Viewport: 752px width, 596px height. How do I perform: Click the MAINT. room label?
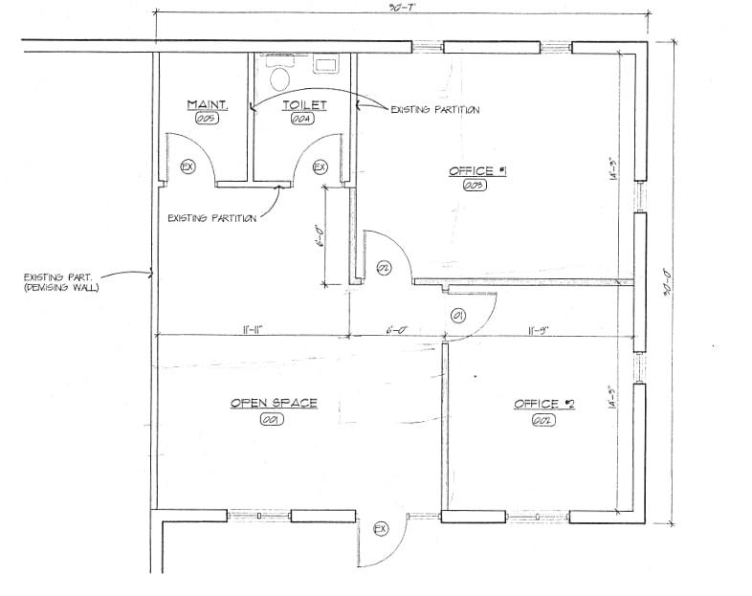(205, 104)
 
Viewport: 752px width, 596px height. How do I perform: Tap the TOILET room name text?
(304, 104)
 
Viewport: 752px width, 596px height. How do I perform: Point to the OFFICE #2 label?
(543, 404)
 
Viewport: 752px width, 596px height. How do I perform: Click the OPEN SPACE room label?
(274, 403)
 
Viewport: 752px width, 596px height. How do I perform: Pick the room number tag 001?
(274, 419)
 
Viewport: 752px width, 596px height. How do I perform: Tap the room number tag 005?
(205, 119)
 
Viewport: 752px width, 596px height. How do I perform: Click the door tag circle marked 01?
(457, 315)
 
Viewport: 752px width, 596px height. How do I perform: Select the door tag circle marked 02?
(383, 267)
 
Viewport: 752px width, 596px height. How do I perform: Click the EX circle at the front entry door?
(380, 528)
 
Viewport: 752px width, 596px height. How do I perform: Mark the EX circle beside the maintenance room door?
(188, 166)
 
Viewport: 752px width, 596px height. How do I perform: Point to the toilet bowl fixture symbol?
(280, 77)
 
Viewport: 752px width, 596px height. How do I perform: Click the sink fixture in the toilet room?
(325, 65)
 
